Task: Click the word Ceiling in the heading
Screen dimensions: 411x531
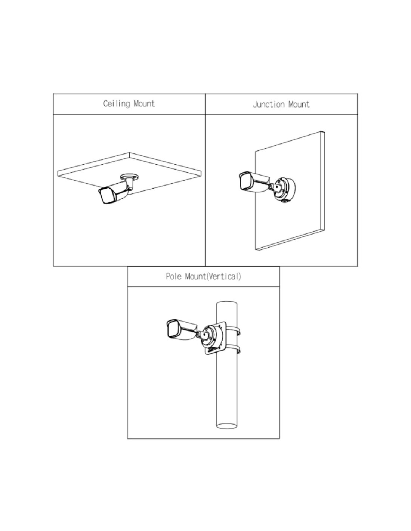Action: (116, 103)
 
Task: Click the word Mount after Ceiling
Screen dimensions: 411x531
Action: (144, 103)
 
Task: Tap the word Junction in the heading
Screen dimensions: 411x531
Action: (269, 105)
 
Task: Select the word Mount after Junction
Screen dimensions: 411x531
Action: (299, 105)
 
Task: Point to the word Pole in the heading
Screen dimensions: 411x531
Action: (174, 276)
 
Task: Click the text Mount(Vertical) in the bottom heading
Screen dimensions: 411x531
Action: (213, 277)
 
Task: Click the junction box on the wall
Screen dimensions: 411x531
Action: (285, 189)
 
